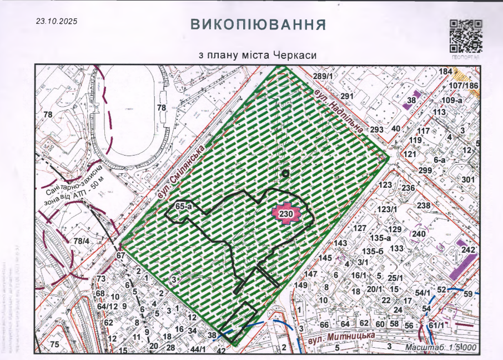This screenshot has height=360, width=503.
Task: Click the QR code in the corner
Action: coord(465,36)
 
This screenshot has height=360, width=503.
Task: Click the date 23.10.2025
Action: coord(56,22)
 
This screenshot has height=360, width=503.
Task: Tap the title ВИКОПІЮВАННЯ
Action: coord(258,25)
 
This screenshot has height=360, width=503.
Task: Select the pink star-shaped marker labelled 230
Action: coord(286,214)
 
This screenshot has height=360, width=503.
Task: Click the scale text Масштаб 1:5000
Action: coord(441,347)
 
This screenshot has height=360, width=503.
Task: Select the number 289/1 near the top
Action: coord(323,76)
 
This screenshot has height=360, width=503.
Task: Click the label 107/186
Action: coord(464,86)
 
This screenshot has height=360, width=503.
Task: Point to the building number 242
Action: coord(469,250)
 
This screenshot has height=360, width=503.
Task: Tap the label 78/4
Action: coord(82,241)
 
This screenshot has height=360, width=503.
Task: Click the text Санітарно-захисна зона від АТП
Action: coord(74,186)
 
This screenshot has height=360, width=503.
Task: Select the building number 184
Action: coord(446,72)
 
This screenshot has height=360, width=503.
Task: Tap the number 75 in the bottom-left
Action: coord(54,344)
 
